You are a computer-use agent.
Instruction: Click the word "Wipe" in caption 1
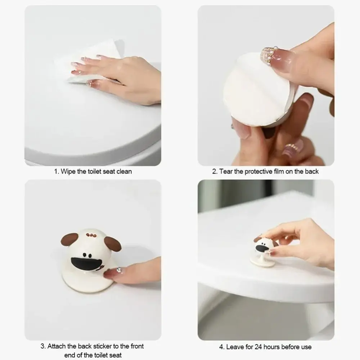pos(68,171)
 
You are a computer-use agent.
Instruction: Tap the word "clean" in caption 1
pos(124,171)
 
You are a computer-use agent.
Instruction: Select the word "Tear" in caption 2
pos(226,171)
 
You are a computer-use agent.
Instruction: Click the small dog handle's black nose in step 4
pos(261,248)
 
